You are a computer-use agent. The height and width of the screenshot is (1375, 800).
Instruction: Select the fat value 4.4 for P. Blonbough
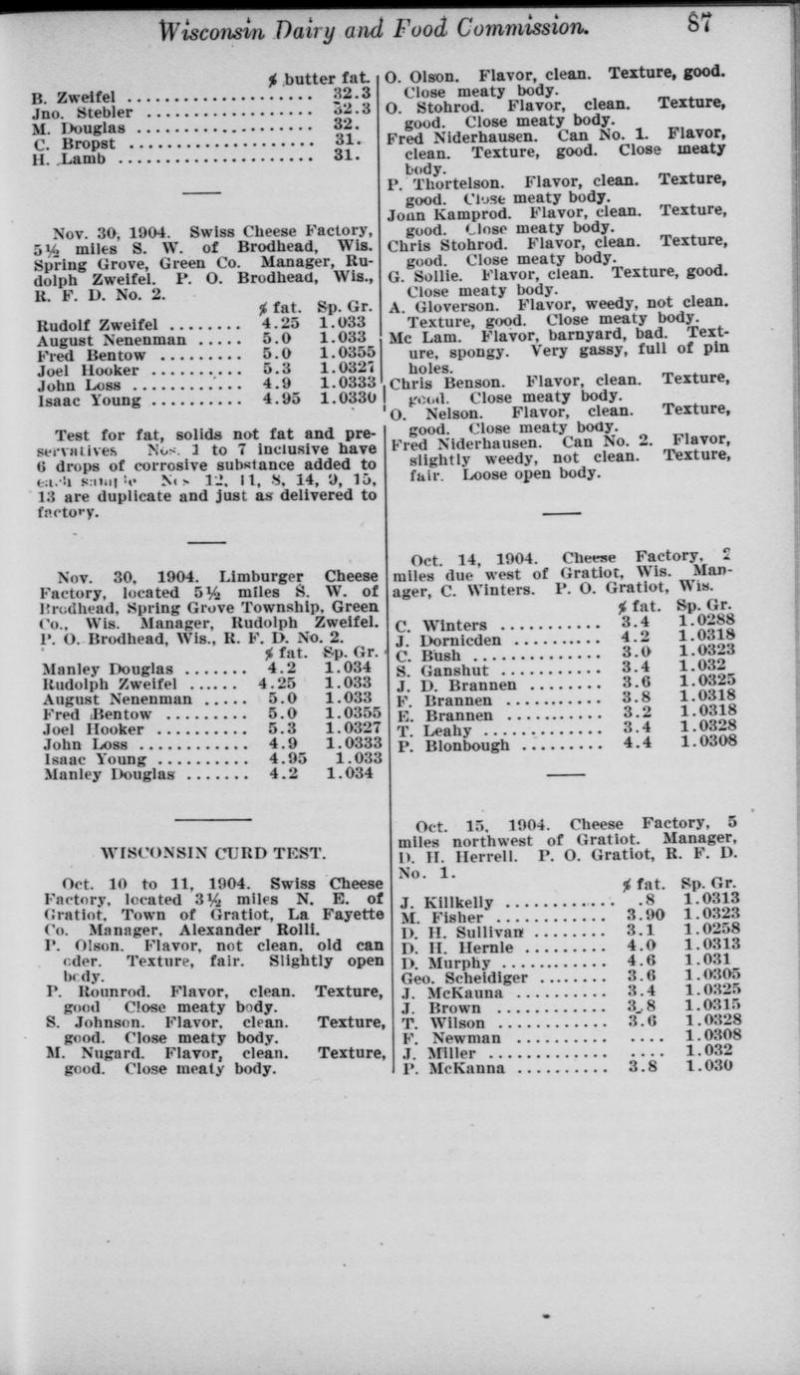[637, 742]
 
